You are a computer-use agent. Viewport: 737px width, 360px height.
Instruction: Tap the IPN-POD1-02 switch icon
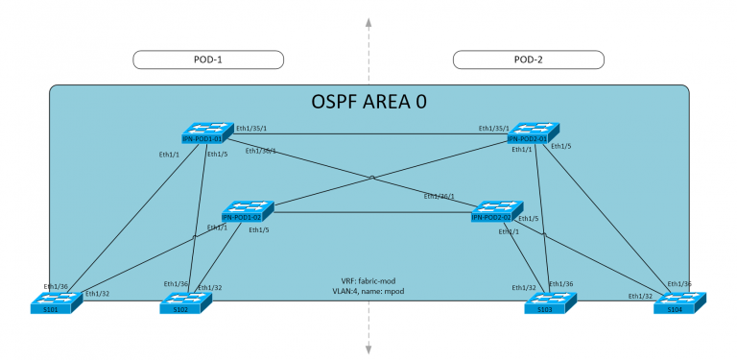pos(248,211)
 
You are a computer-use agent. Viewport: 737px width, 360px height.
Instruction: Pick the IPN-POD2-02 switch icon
pos(496,211)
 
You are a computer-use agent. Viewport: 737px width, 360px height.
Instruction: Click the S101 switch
pos(57,301)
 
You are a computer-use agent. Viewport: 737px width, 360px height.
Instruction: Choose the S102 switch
pos(184,301)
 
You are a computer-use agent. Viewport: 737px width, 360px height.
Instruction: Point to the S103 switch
pos(551,301)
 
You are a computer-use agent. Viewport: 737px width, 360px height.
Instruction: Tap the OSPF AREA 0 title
pos(368,101)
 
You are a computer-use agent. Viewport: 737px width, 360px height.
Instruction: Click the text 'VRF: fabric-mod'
pos(368,279)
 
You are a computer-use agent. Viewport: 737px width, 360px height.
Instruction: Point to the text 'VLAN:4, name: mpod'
pos(368,290)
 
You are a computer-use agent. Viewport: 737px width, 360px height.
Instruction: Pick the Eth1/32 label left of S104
pos(641,296)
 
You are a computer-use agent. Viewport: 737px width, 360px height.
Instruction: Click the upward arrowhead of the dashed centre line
pos(368,19)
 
